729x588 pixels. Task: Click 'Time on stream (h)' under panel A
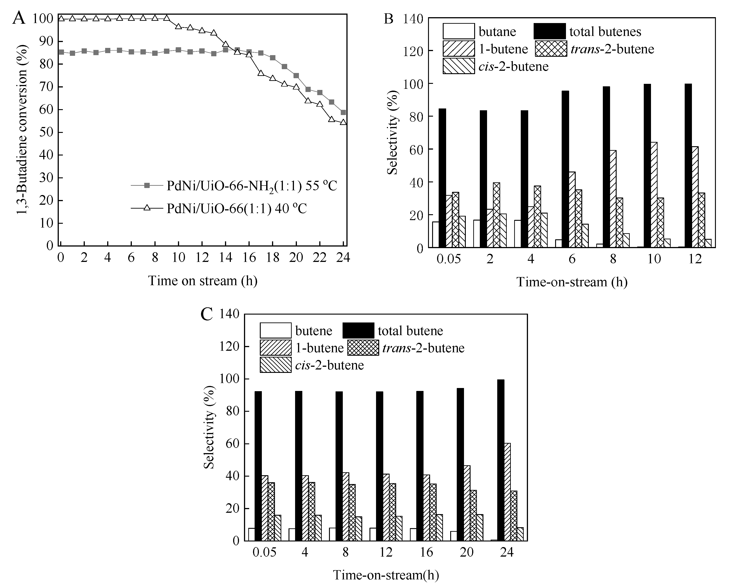point(203,281)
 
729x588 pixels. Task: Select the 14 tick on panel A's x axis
point(225,258)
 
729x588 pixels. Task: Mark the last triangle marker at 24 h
point(343,122)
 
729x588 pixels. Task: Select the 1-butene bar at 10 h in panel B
point(654,195)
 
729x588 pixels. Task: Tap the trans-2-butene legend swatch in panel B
point(551,49)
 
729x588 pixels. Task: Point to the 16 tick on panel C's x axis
point(426,553)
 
